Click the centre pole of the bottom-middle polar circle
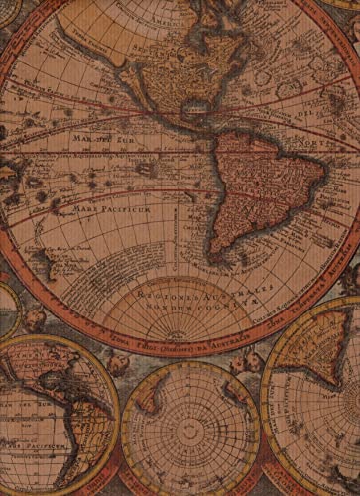point(189,429)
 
